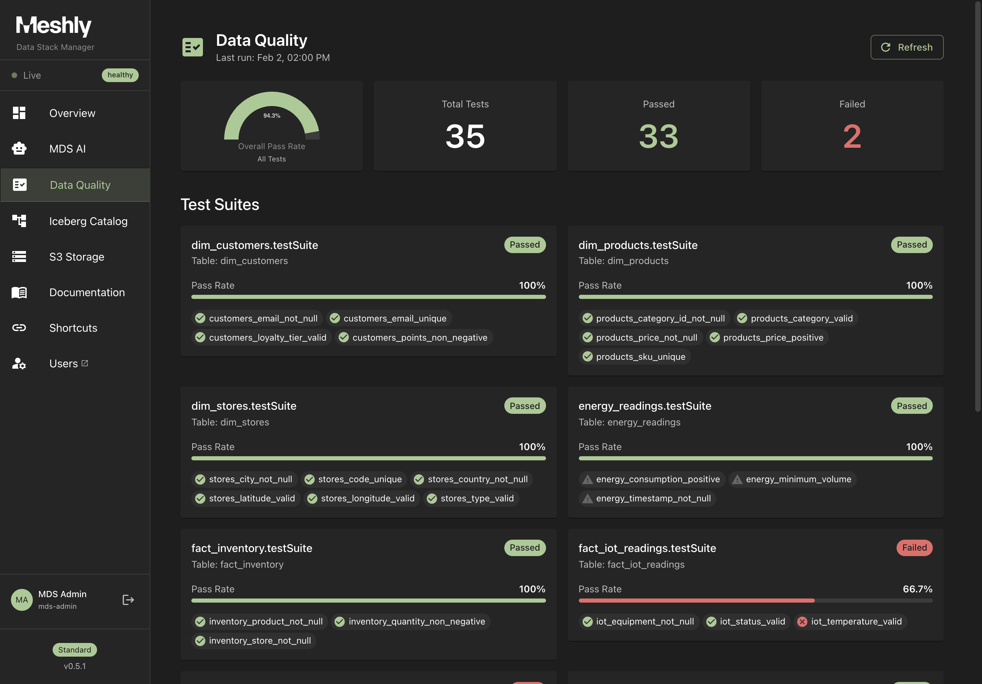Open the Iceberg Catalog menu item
pyautogui.click(x=88, y=221)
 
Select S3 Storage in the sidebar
pyautogui.click(x=77, y=257)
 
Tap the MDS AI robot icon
pyautogui.click(x=19, y=148)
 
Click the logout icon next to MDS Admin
pyautogui.click(x=128, y=600)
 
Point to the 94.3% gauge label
pyautogui.click(x=272, y=116)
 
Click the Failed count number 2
pyautogui.click(x=851, y=136)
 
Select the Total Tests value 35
pyautogui.click(x=465, y=136)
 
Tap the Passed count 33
pyautogui.click(x=658, y=136)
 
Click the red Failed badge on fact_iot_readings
pyautogui.click(x=914, y=548)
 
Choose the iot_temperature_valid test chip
pyautogui.click(x=850, y=621)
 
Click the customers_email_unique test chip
pyautogui.click(x=389, y=318)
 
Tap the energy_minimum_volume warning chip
pyautogui.click(x=792, y=479)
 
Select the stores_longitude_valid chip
pyautogui.click(x=362, y=498)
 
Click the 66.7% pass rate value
pyautogui.click(x=917, y=589)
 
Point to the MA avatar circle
pyautogui.click(x=22, y=600)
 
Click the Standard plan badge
pyautogui.click(x=74, y=650)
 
